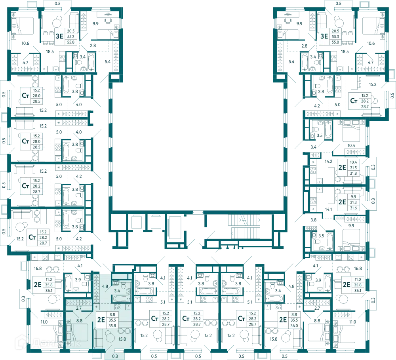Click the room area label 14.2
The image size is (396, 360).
click(x=328, y=161)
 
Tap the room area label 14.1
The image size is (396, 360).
click(x=328, y=209)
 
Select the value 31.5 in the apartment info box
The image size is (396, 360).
click(x=353, y=168)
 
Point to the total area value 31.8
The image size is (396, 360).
click(x=353, y=173)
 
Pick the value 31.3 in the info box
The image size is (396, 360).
click(x=353, y=202)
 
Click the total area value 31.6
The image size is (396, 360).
click(x=353, y=208)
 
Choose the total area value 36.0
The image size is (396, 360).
click(x=294, y=326)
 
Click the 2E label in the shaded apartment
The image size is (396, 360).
click(x=101, y=320)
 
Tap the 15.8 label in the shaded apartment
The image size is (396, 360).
click(x=122, y=339)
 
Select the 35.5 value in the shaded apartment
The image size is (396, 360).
click(x=112, y=320)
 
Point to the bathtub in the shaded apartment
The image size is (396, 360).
click(x=122, y=299)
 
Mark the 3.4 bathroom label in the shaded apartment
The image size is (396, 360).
click(x=117, y=291)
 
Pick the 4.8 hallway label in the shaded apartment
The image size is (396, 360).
click(x=105, y=286)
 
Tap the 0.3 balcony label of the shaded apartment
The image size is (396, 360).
click(x=115, y=356)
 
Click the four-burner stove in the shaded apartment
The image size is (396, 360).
click(x=118, y=307)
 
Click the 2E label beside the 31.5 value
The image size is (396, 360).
click(x=342, y=168)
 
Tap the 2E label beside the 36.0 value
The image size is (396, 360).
click(x=283, y=320)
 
